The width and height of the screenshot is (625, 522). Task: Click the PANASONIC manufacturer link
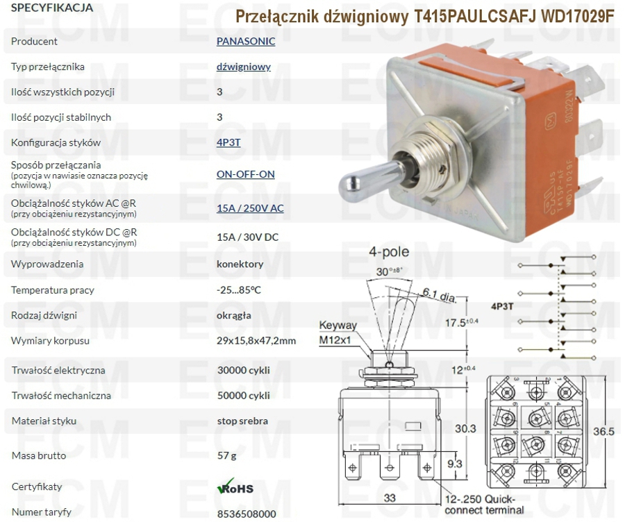pos(246,41)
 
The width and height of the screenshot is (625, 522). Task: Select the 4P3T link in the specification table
pos(228,142)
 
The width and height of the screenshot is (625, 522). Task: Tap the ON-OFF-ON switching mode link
pos(246,174)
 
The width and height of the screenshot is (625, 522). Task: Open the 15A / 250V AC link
pos(250,208)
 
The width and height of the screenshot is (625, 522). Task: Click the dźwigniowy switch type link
pos(244,67)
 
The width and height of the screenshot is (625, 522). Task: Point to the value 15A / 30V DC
pos(247,237)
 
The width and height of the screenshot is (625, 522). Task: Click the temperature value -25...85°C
pos(239,289)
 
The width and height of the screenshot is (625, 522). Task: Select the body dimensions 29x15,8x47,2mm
pos(256,341)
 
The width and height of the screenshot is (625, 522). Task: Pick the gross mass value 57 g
pos(227,455)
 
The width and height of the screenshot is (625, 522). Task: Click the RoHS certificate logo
pos(235,487)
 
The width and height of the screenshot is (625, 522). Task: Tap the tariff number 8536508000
pos(247,514)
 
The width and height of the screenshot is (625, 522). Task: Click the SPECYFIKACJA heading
pos(52,8)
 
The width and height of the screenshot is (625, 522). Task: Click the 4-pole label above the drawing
pos(389,251)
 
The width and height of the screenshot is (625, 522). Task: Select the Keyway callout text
pos(338,325)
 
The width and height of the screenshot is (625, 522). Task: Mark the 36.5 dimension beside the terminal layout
pos(604,431)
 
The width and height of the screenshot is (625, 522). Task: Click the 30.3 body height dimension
pos(465,428)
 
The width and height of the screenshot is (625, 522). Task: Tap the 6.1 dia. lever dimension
pos(440,295)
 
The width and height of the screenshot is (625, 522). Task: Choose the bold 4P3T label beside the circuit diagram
pos(502,306)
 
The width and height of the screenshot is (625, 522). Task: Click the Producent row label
pos(34,41)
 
